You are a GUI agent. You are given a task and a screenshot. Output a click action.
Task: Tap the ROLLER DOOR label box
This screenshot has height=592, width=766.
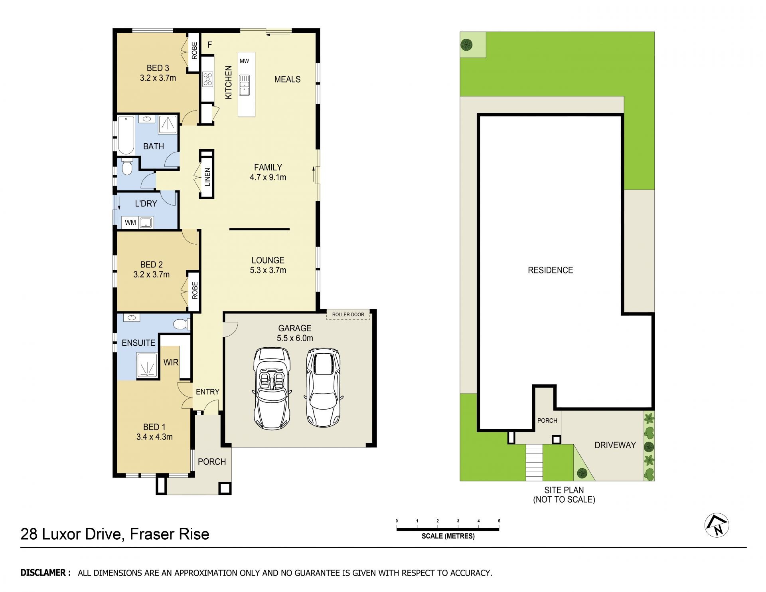348,315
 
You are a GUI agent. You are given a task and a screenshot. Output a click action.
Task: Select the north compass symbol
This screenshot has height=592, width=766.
717,525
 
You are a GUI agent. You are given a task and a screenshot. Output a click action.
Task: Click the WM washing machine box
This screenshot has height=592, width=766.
130,223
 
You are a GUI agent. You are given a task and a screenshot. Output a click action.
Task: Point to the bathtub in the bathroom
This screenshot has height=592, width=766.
126,135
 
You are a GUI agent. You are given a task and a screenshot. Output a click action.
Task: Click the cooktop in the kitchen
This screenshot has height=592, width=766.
208,79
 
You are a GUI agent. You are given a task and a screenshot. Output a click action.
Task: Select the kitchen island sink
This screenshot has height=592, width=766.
244,85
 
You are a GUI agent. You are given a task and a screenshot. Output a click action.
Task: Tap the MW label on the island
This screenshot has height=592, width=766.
244,61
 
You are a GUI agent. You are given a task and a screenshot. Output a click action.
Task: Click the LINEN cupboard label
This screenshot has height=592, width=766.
207,177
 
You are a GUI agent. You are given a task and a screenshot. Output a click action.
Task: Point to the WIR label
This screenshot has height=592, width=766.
171,362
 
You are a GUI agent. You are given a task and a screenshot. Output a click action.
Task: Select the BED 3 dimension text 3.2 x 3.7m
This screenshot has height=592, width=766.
158,78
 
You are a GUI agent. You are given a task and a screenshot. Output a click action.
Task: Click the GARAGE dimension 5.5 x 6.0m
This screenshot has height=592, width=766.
295,338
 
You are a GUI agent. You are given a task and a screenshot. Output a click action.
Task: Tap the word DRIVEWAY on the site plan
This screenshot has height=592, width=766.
615,445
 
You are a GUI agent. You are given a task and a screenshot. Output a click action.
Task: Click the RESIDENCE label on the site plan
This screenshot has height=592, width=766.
551,270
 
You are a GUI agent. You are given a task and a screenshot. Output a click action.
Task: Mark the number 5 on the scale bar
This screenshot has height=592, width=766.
499,521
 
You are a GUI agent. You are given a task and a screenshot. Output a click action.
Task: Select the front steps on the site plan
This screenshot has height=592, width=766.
535,462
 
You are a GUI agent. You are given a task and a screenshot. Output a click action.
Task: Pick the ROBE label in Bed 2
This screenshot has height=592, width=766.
195,291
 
